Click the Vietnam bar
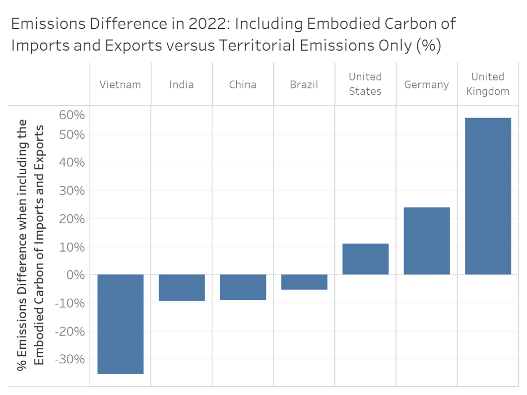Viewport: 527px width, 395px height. click(120, 324)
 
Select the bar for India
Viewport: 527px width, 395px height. click(182, 287)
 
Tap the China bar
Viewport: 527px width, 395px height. click(243, 287)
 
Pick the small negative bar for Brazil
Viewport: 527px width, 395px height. click(304, 282)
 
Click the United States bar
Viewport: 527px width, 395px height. click(365, 259)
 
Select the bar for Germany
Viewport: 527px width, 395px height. click(427, 241)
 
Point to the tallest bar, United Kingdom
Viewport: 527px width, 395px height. click(488, 196)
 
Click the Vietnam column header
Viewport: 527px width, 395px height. click(120, 84)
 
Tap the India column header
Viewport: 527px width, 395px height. click(182, 84)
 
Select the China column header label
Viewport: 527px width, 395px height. click(243, 84)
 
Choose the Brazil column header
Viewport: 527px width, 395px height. click(304, 84)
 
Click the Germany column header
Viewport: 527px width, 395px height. click(427, 84)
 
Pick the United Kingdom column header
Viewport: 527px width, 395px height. click(488, 84)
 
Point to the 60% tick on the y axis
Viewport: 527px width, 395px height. click(72, 115)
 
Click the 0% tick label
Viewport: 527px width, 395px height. click(75, 274)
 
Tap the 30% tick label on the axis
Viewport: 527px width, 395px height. click(72, 191)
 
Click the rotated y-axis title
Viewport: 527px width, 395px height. click(31, 246)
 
